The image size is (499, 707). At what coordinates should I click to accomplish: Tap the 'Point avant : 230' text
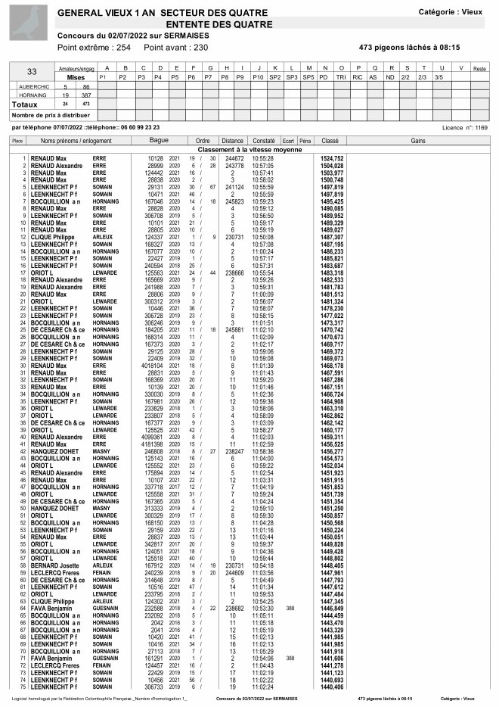click(180, 48)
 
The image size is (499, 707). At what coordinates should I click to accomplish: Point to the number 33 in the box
click(32, 72)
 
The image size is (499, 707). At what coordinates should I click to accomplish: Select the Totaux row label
click(26, 104)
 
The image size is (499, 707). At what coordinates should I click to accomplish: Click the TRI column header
click(341, 77)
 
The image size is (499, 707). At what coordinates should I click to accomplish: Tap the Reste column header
click(479, 69)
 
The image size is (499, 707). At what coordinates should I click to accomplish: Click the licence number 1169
click(481, 128)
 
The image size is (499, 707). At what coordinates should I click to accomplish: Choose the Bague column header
click(160, 141)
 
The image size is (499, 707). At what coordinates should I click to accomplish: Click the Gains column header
click(418, 141)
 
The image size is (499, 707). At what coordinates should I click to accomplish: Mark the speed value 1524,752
click(332, 158)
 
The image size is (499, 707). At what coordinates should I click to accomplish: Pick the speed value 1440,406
click(332, 687)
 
